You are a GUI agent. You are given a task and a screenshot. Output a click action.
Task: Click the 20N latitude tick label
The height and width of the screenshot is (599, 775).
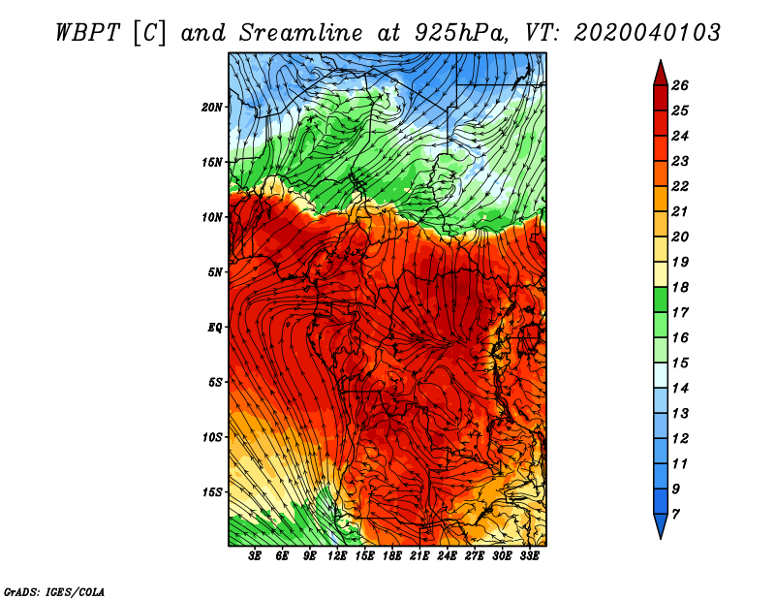coord(211,108)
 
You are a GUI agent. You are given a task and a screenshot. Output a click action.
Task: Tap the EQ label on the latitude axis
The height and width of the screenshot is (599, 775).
coord(214,328)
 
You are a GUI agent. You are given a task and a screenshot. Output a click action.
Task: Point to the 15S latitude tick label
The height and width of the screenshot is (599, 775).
coord(211,492)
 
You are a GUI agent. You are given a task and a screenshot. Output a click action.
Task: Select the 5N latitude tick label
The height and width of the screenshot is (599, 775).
coord(215,272)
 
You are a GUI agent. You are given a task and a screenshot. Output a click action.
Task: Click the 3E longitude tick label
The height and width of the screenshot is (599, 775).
coord(255,556)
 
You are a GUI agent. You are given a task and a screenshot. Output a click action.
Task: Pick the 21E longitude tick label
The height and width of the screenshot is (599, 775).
coord(419,556)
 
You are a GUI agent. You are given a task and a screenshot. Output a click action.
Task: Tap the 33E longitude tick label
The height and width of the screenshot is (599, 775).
coord(529,556)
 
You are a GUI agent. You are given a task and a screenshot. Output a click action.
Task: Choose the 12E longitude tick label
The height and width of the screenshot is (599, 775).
coord(337,556)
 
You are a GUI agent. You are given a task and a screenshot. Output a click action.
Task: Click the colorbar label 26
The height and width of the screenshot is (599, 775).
coord(680,85)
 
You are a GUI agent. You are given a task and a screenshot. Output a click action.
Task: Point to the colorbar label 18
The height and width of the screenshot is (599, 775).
coord(680,287)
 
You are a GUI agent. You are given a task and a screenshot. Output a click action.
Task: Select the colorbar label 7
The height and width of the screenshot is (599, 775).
coord(676,515)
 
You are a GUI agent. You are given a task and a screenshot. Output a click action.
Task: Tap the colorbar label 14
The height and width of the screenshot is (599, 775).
coord(680,389)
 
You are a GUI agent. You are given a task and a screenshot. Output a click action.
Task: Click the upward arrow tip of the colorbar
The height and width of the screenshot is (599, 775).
coord(661,60)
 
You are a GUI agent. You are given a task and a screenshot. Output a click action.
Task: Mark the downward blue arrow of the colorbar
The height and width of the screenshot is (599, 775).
coord(661,525)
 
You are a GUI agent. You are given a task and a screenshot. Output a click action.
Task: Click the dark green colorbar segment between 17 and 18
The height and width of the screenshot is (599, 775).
coord(661,299)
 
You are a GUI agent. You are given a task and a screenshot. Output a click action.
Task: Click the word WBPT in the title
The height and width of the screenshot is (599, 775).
coord(88,33)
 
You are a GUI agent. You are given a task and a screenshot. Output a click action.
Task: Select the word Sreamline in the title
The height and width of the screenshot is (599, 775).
coord(301,33)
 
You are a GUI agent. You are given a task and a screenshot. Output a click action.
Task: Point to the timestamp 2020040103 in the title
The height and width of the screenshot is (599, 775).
coord(647,33)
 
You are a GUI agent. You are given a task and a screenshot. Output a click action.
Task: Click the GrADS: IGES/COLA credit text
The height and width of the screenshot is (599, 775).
coord(54,592)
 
